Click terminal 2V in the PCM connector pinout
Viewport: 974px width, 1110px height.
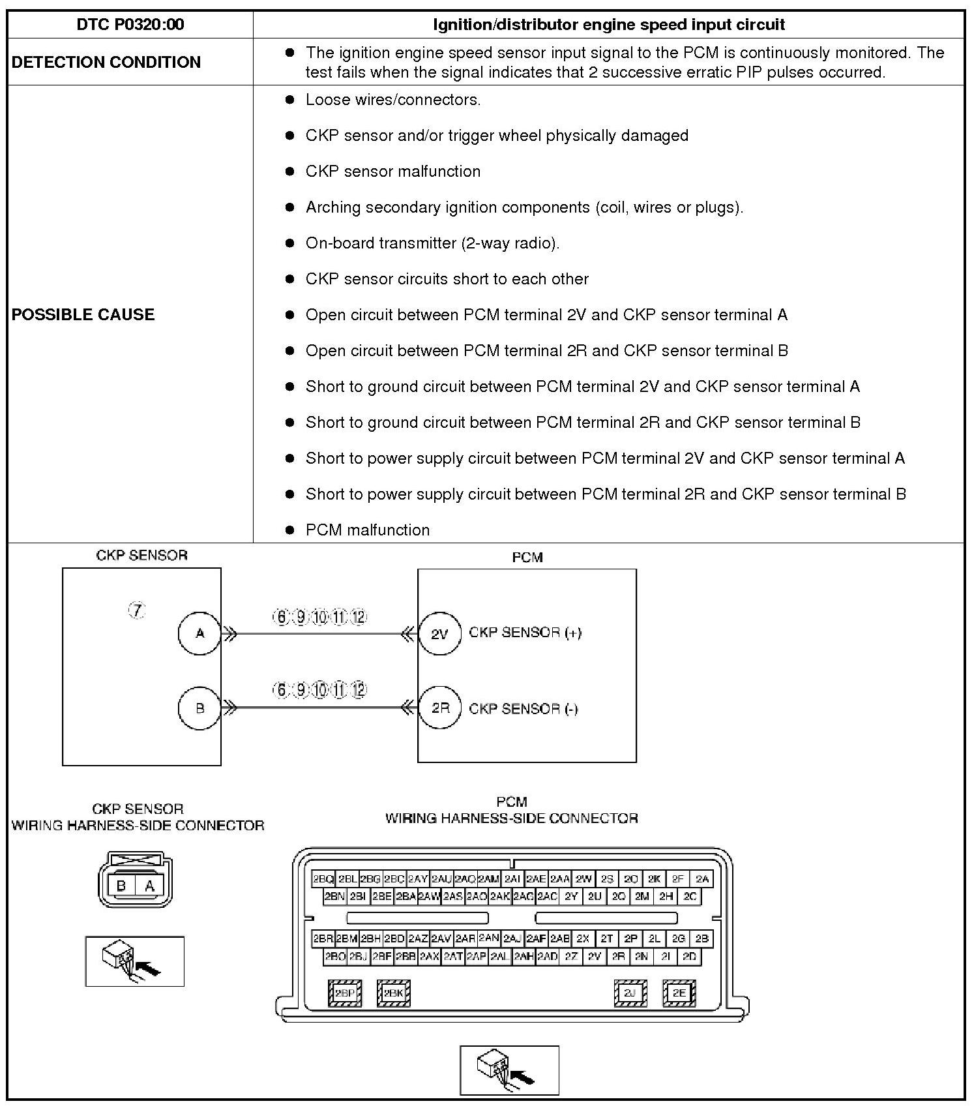coord(594,957)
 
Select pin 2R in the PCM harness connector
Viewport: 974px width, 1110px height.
coord(618,957)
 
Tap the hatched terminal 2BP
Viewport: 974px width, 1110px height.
coord(344,993)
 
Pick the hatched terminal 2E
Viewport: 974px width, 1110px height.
coord(679,993)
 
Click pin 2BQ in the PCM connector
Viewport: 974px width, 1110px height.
coord(323,879)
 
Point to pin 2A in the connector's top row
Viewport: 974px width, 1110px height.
coord(701,879)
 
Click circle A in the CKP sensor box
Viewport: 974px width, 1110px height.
coord(199,633)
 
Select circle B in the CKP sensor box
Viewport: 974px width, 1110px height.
coord(199,708)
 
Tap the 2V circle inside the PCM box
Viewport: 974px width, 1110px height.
coord(440,633)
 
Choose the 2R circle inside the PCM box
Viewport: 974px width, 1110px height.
coord(440,708)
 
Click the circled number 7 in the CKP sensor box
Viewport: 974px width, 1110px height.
coord(136,611)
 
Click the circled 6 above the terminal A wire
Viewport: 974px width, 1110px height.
coord(281,617)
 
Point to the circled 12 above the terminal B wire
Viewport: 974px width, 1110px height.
coord(359,690)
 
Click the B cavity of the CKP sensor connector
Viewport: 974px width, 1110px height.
coord(121,886)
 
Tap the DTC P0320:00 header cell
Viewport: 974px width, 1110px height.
coord(130,25)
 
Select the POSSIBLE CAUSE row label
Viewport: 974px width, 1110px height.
coord(83,314)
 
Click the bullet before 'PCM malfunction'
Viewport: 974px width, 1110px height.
coord(290,530)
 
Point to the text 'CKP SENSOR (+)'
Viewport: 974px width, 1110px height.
coord(525,633)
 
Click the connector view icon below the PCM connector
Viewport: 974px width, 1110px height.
coord(509,1070)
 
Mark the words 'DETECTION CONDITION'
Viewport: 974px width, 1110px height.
coord(106,62)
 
